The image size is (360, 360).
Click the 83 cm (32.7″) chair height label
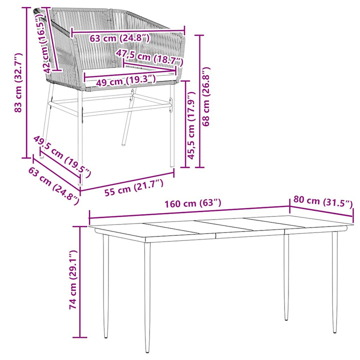[x=18, y=82]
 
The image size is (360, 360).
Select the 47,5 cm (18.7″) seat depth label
[x=149, y=57]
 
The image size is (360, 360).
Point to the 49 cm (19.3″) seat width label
[x=125, y=80]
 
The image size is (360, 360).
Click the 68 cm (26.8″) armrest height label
[x=206, y=96]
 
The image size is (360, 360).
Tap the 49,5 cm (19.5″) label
[x=62, y=156]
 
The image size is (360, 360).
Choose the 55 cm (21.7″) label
[x=134, y=187]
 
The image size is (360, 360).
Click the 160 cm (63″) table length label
[x=193, y=203]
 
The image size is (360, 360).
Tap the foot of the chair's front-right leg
[x=172, y=165]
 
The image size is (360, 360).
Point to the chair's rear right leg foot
[x=123, y=144]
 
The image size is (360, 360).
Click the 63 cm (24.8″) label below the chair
[x=53, y=185]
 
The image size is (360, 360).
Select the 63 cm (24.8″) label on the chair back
[x=119, y=38]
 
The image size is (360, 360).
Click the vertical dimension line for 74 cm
[x=80, y=281]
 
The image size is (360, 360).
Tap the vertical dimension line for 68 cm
[x=199, y=101]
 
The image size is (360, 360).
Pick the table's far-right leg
[x=334, y=282]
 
